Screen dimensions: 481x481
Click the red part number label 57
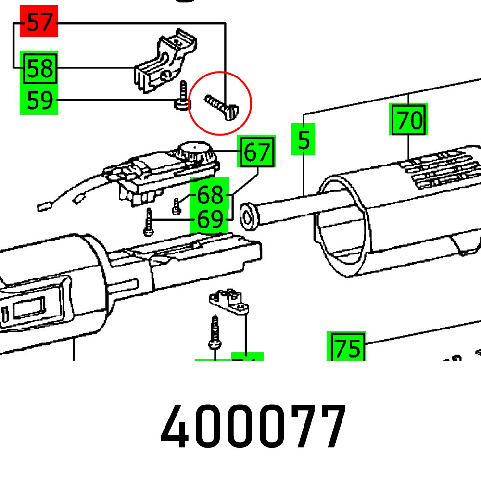click(x=39, y=22)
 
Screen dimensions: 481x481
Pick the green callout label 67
click(x=258, y=152)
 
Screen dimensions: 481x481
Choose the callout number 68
click(x=210, y=195)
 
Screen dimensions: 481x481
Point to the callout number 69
click(x=210, y=220)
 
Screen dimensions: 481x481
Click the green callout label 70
click(x=408, y=120)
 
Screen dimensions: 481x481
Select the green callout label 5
click(x=303, y=140)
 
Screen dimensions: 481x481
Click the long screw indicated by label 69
click(x=149, y=222)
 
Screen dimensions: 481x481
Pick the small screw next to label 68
click(x=176, y=206)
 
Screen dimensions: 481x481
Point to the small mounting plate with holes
click(x=228, y=301)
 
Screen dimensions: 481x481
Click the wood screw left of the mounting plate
click(x=214, y=332)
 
